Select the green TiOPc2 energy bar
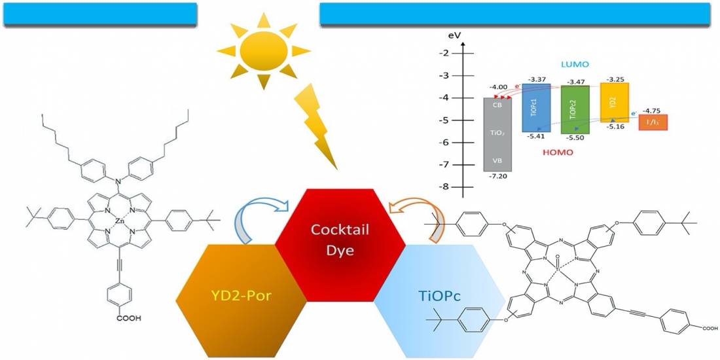click(575, 110)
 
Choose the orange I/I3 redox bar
click(653, 122)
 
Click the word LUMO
click(575, 64)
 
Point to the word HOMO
click(556, 153)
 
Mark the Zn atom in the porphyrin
click(119, 222)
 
